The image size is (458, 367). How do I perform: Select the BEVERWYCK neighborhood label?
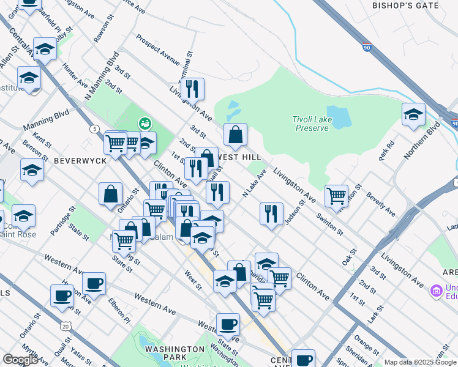pos(80,160)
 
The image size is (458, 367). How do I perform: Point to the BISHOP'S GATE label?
pos(405,6)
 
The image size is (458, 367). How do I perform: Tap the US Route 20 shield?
pos(66,310)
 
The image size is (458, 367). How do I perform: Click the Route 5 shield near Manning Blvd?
pos(94,129)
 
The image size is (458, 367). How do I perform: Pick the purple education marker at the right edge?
pos(436,290)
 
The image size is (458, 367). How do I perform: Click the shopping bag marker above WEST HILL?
pos(235,133)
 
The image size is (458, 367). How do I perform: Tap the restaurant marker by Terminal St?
pos(192,89)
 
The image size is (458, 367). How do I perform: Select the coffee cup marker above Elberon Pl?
pos(94,283)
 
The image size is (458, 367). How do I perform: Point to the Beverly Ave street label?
pos(381,204)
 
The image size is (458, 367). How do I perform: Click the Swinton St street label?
pos(329,224)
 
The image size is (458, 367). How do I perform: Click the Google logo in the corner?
pos(20,360)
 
